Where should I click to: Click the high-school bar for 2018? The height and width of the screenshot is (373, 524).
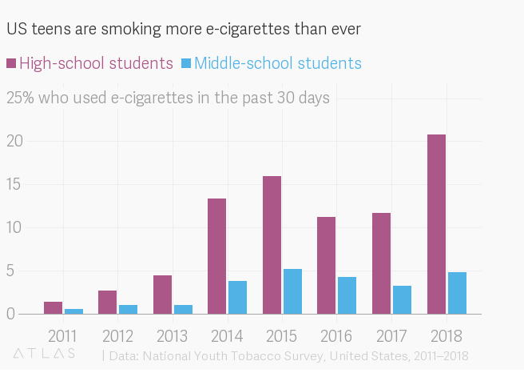point(436,224)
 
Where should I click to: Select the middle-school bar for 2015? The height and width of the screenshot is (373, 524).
point(292,291)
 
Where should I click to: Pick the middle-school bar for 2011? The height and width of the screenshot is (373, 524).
point(73,311)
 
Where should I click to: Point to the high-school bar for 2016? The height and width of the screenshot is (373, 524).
point(326,265)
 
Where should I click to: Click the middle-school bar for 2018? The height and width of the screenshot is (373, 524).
point(457,293)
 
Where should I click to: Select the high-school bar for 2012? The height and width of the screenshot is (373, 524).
point(107,303)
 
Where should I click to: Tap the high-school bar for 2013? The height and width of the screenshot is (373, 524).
point(162,295)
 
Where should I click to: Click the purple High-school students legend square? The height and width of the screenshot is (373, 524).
point(11,63)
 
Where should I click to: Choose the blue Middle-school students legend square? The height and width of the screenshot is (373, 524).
point(186,63)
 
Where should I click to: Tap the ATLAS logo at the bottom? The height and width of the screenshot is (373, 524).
point(45,353)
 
